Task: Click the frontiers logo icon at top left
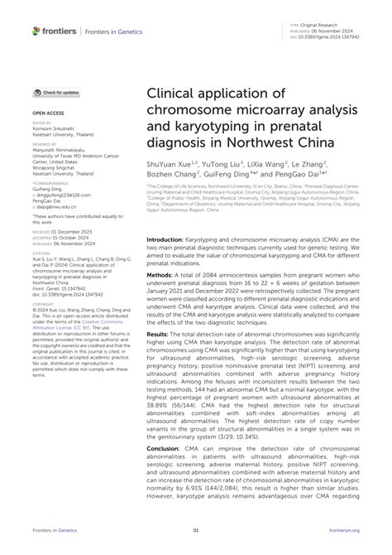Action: [36, 31]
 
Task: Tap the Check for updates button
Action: [57, 92]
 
